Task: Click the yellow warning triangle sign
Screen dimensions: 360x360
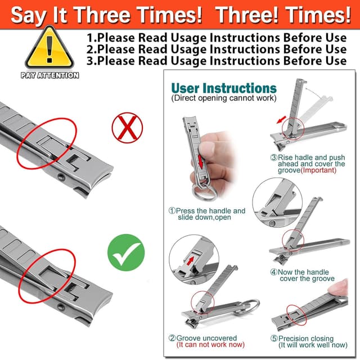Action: [x=49, y=48]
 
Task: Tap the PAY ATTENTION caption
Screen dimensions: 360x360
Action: [x=50, y=75]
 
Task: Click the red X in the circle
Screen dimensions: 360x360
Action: [x=127, y=128]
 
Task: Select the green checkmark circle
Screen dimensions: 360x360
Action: [x=126, y=253]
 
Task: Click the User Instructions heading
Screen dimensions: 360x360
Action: [x=224, y=88]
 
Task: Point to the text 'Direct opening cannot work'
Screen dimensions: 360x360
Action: [x=224, y=98]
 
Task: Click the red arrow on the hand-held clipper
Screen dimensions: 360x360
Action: [x=200, y=161]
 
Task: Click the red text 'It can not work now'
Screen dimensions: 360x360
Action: [x=210, y=345]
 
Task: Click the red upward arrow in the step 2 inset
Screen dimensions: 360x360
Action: [x=190, y=261]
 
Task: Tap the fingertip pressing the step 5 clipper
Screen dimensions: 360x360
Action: [x=339, y=287]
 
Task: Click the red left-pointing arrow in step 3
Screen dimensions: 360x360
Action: [x=282, y=120]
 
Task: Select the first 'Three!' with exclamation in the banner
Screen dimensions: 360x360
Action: [x=247, y=15]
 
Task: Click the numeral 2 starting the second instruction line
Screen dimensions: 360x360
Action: [x=89, y=49]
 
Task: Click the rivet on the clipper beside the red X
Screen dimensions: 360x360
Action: [x=61, y=177]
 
